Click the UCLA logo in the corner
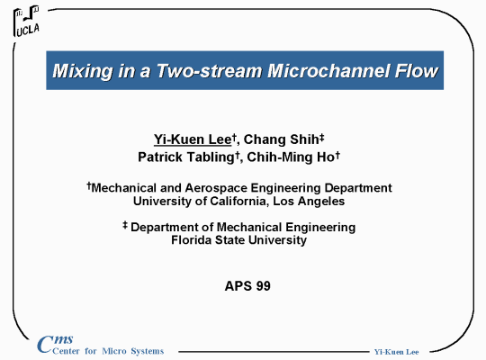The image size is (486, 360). coord(26,21)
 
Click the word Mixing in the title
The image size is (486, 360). coord(83,71)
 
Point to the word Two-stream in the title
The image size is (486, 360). coord(209,71)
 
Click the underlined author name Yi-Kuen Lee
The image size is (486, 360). coord(193,139)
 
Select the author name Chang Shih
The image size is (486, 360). coord(281,139)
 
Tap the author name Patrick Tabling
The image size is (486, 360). coord(186,157)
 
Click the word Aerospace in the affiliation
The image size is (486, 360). coord(216,188)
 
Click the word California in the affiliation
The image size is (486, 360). coord(238,202)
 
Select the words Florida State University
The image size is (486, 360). coord(239,240)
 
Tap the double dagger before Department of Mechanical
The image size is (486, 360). coord(125,225)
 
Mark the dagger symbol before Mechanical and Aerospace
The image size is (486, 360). coord(89,185)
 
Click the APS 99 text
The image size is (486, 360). coord(247,286)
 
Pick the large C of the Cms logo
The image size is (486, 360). coord(45,344)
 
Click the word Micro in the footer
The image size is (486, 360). coord(114,351)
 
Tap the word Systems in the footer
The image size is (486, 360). coord(148,351)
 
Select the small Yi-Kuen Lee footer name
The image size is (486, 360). coord(396,352)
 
